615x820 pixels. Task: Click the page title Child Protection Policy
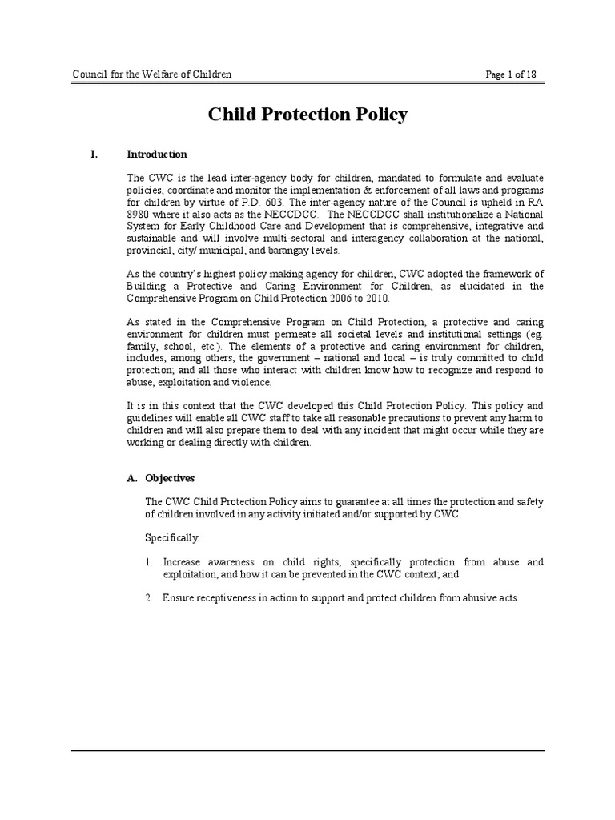point(307,115)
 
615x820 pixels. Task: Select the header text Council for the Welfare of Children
point(152,74)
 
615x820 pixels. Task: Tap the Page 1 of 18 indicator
point(511,74)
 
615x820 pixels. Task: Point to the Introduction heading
point(157,155)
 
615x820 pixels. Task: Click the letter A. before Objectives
point(132,478)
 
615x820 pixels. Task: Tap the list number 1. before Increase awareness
point(150,562)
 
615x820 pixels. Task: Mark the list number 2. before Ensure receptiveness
point(150,598)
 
